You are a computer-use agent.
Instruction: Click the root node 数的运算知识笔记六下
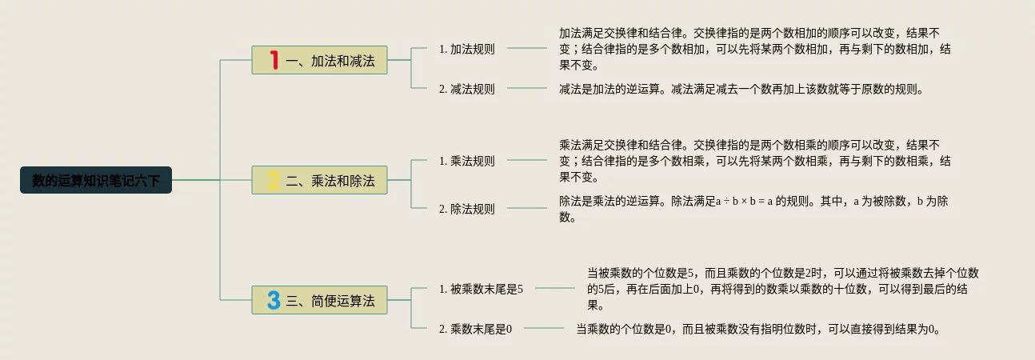click(x=96, y=180)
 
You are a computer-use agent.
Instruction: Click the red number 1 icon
click(x=274, y=60)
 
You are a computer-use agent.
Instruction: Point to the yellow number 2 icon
click(x=274, y=180)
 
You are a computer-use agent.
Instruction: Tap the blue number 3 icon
click(x=274, y=300)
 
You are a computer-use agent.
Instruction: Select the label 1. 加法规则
click(x=467, y=49)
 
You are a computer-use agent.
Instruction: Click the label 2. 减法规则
click(x=467, y=89)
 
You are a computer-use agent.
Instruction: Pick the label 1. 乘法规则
click(x=467, y=161)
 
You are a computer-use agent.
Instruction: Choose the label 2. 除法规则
click(x=467, y=209)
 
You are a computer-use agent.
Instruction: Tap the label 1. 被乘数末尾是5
click(x=481, y=288)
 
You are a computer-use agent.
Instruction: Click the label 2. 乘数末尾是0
click(x=475, y=328)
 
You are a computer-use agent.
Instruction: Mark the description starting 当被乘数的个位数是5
click(x=783, y=288)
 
